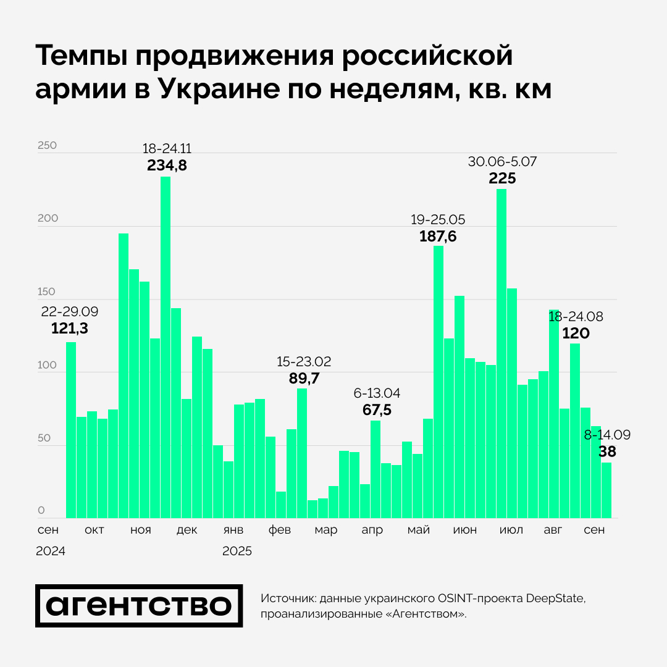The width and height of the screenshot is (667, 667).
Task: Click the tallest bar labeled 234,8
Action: click(x=166, y=346)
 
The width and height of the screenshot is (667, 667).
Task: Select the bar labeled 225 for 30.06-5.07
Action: click(x=501, y=352)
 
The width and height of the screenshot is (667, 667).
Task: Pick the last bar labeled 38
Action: click(x=606, y=490)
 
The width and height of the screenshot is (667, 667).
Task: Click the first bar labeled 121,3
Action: click(x=71, y=430)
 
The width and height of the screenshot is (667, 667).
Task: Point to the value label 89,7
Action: click(x=304, y=379)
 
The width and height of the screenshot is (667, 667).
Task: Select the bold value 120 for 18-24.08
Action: click(x=576, y=334)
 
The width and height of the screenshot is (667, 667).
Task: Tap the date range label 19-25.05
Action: click(x=438, y=219)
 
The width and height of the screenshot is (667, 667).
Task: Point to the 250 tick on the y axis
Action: click(x=47, y=146)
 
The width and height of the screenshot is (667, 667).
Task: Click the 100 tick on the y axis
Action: click(x=47, y=365)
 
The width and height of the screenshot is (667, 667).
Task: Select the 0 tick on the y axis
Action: click(x=41, y=511)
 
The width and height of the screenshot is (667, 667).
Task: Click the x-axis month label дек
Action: click(x=187, y=531)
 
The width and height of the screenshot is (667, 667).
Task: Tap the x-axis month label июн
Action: click(x=464, y=531)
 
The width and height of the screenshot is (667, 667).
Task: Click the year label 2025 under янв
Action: click(x=237, y=551)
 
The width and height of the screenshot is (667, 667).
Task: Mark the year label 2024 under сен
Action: click(x=50, y=551)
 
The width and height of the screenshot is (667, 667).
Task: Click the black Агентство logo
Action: click(x=139, y=606)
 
